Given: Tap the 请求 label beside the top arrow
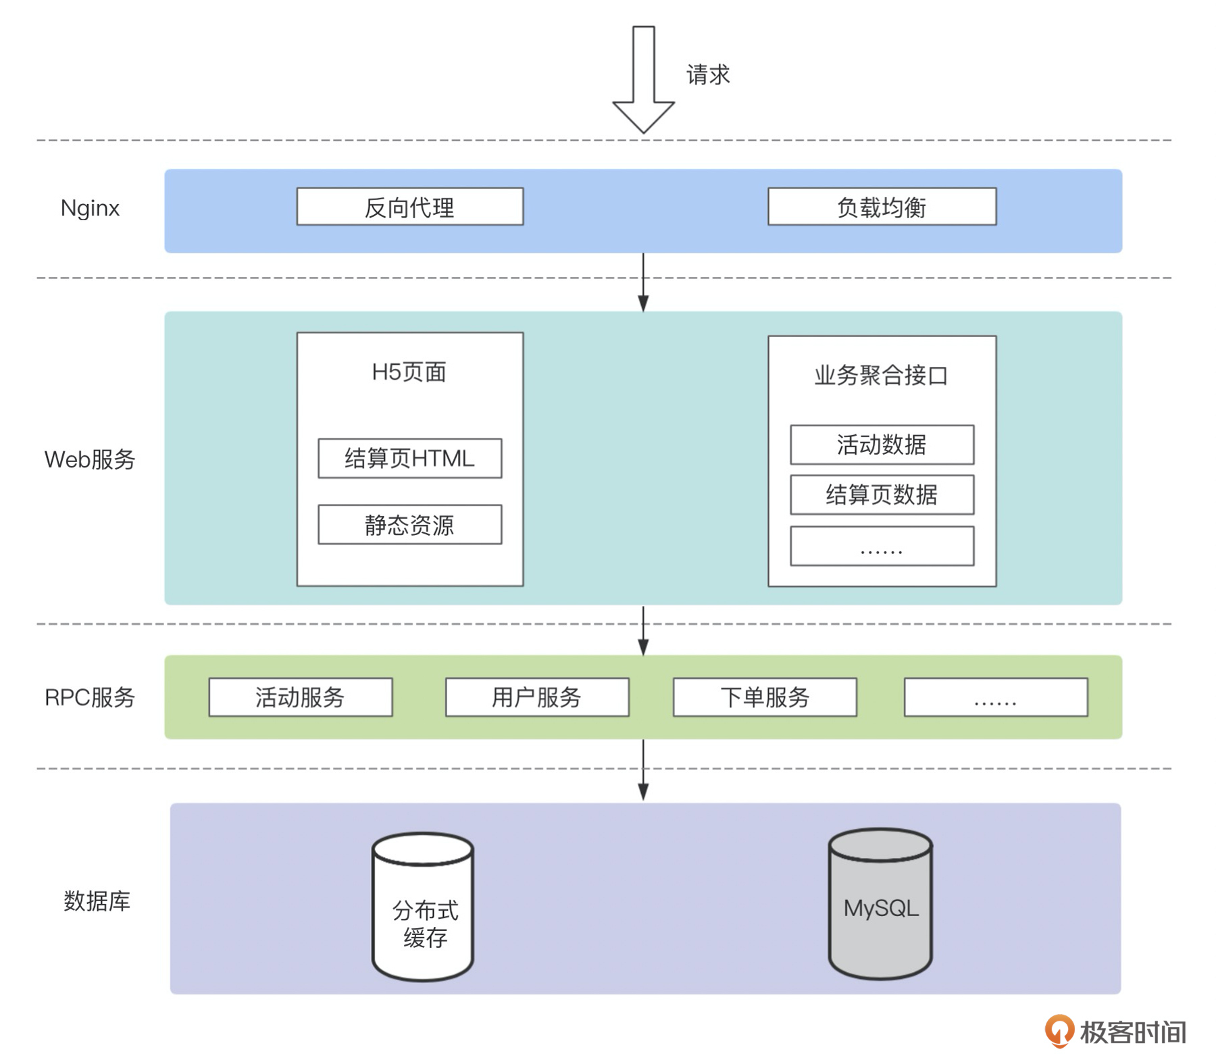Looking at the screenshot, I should tap(708, 74).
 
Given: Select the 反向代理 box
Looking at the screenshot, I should tap(410, 207).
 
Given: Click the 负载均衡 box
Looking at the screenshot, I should tap(882, 207).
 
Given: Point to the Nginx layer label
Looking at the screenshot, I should tap(90, 208).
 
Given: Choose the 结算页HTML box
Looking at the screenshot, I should tap(410, 459).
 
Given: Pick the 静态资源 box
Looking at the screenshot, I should tap(410, 525).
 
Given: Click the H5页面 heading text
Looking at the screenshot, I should tap(409, 372).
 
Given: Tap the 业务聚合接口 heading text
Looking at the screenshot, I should tap(881, 376).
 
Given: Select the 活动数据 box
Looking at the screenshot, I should tap(882, 445).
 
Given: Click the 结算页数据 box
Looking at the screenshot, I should tap(882, 495).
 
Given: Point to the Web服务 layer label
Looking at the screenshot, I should tap(90, 460).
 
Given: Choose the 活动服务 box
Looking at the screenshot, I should tap(301, 697).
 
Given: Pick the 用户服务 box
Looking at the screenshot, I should tap(537, 697).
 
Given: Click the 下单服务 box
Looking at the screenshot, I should tap(765, 697).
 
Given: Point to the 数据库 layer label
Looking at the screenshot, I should tap(97, 901).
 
